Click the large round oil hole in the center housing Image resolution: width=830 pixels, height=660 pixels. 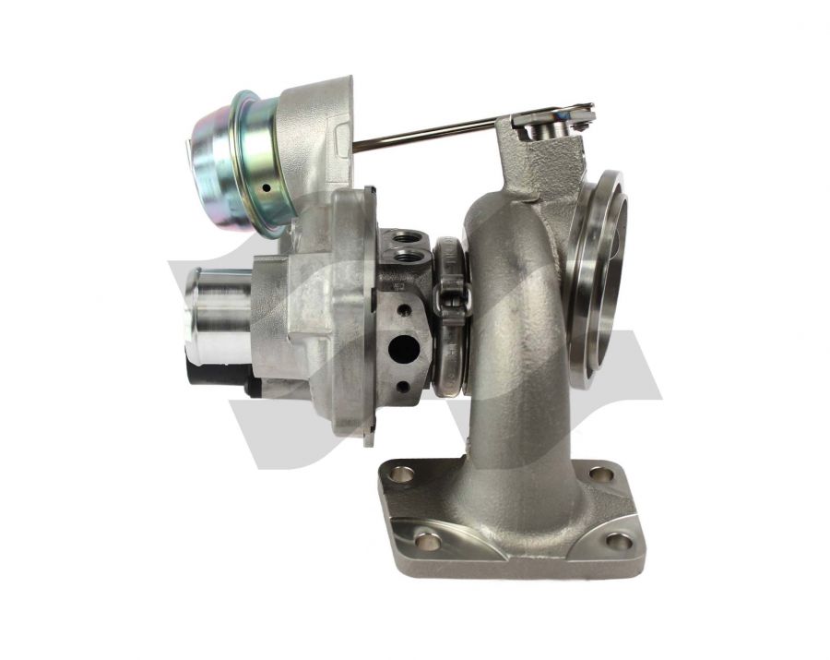click(x=398, y=348)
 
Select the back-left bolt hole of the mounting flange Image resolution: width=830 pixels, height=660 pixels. click(x=402, y=474)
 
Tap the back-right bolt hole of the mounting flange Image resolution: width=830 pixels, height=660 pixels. click(x=600, y=474)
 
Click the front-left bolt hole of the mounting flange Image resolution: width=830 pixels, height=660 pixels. click(x=427, y=541)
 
